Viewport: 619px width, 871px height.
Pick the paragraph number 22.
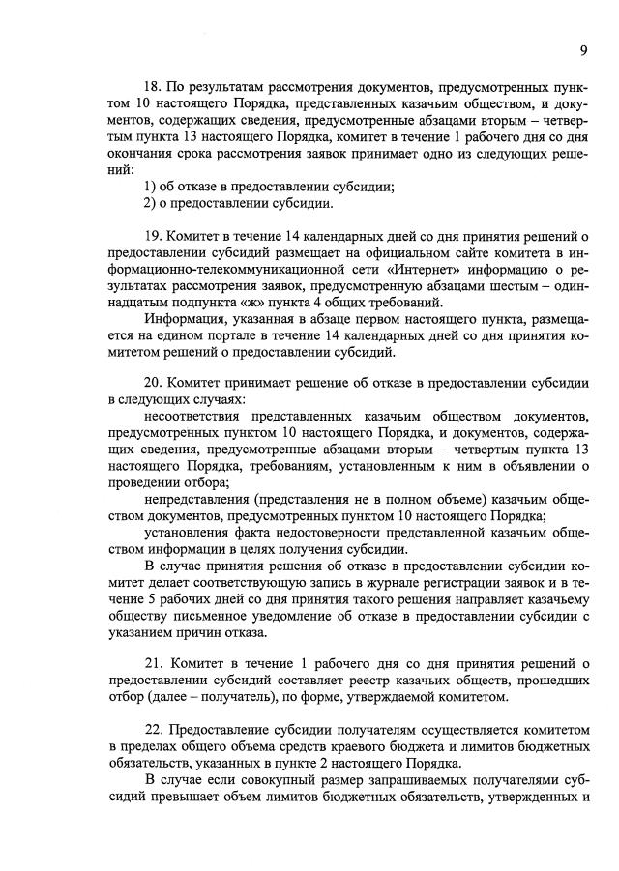(153, 731)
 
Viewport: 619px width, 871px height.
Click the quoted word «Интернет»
(328, 270)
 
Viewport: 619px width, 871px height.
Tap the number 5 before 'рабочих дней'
(116, 600)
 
